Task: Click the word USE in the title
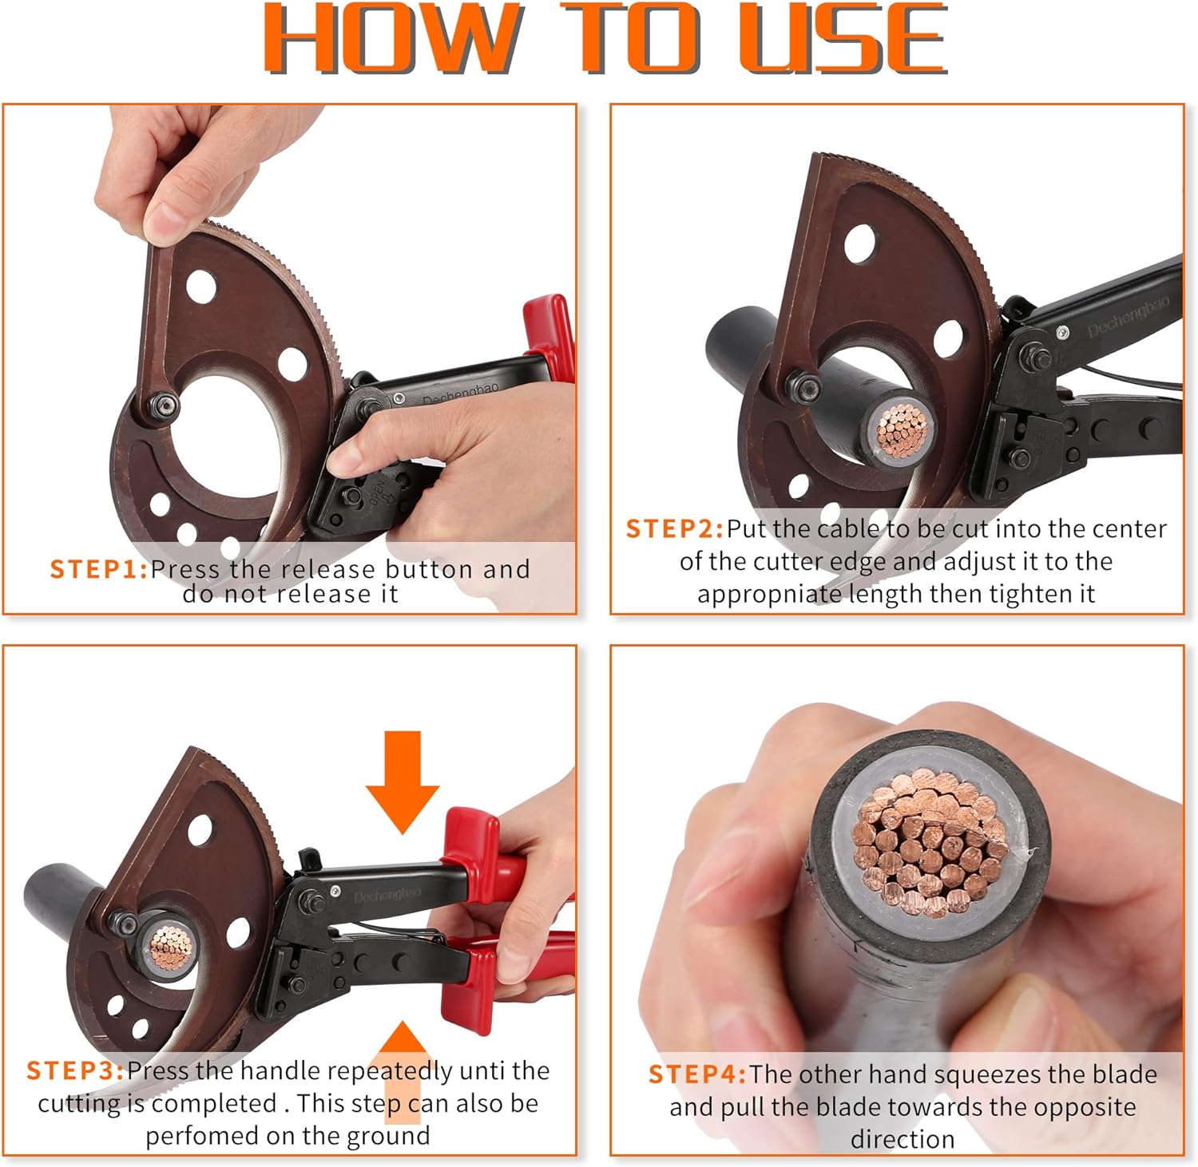(843, 38)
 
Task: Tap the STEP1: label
(99, 569)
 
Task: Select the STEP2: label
(675, 528)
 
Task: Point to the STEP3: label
(76, 1070)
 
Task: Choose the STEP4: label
(697, 1074)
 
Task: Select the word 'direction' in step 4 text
(902, 1139)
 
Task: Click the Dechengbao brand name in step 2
(1128, 315)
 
